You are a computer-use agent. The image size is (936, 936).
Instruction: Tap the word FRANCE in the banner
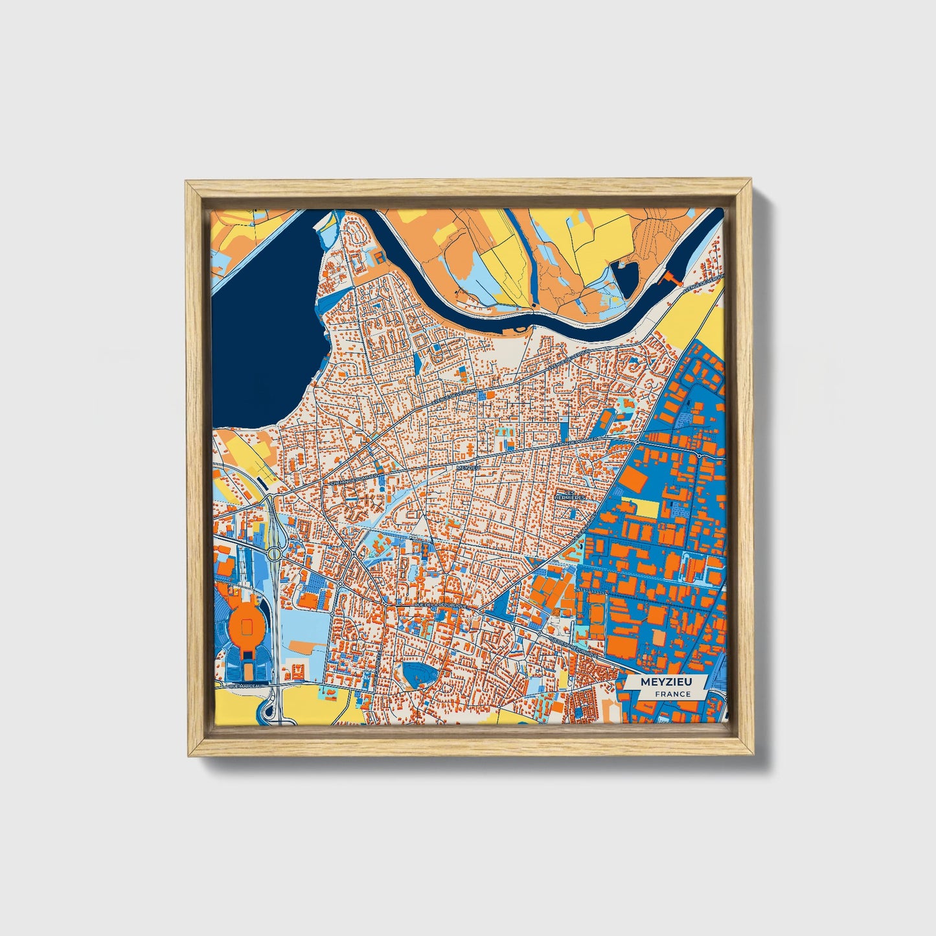tap(672, 694)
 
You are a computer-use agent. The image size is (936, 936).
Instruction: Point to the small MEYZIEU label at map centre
tap(468, 466)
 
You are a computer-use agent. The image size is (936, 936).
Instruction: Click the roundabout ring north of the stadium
tap(275, 554)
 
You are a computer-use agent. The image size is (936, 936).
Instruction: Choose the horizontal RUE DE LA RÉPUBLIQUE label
tap(441, 604)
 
